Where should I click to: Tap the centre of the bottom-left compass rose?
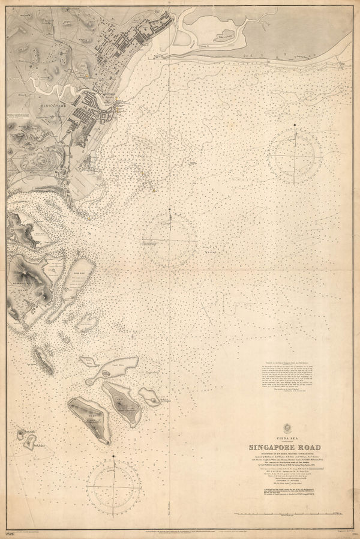114,487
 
